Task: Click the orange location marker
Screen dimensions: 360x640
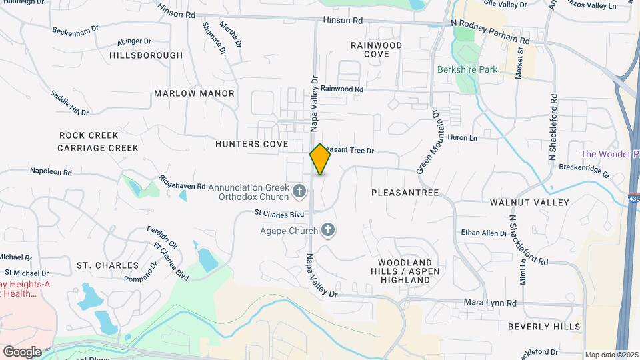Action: point(320,159)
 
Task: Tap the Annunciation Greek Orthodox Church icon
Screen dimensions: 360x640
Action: point(300,193)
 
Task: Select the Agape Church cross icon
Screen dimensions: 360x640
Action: point(327,231)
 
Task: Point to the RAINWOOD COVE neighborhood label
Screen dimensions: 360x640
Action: point(377,49)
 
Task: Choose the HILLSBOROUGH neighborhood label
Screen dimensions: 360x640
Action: point(145,55)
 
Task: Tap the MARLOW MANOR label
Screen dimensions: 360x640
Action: point(194,93)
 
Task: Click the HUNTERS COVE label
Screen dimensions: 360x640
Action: point(251,144)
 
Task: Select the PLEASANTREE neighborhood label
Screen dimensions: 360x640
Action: point(405,193)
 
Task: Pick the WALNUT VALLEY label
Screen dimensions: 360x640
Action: point(529,202)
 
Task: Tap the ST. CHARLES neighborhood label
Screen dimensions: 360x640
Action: point(107,265)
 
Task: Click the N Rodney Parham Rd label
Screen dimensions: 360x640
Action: point(490,32)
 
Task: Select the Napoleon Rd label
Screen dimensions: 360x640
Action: point(50,171)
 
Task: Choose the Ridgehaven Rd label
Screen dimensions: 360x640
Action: point(181,182)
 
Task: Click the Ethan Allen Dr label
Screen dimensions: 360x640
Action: point(485,233)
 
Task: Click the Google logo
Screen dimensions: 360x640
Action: point(22,352)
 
